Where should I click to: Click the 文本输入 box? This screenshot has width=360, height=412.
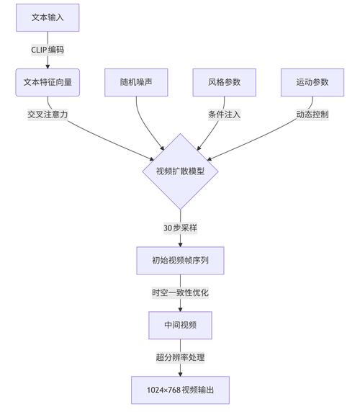point(48,17)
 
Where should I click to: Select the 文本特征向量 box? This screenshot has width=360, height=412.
point(48,82)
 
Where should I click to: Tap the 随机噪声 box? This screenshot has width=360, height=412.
point(136,82)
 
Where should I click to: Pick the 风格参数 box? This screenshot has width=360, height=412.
point(224,82)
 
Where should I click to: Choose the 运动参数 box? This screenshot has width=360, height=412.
point(312,82)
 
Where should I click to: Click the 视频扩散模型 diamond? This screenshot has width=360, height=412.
point(180,171)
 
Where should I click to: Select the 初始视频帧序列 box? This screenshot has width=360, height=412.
point(180,260)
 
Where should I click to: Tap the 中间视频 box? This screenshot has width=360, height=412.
point(180,325)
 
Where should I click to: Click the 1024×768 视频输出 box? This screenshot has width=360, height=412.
point(180,390)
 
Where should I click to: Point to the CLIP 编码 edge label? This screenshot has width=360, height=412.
point(48,50)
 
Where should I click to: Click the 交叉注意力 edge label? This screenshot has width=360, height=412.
point(48,115)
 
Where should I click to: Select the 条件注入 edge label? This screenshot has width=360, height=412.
point(224,115)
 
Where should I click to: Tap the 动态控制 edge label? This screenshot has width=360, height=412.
point(312,115)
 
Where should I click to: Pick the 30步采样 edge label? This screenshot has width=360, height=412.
point(180,228)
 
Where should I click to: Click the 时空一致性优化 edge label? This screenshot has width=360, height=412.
point(180,292)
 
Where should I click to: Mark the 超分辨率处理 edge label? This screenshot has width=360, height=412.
point(180,357)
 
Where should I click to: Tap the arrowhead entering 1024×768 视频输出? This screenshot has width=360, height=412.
point(180,373)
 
